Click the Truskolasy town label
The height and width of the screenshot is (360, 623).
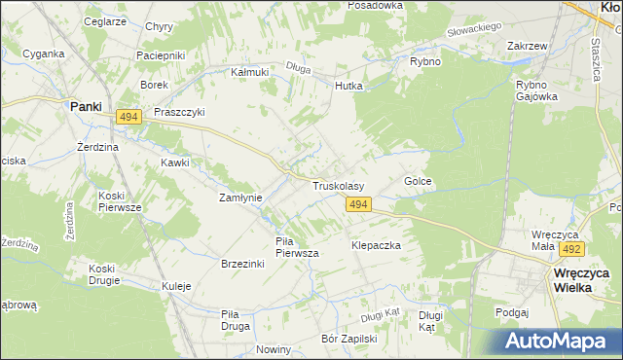click(338, 186)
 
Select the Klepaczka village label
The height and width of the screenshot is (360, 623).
click(376, 246)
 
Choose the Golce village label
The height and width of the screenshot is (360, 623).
click(418, 182)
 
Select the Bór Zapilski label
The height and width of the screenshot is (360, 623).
click(348, 340)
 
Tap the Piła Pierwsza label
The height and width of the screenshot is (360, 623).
click(297, 247)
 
